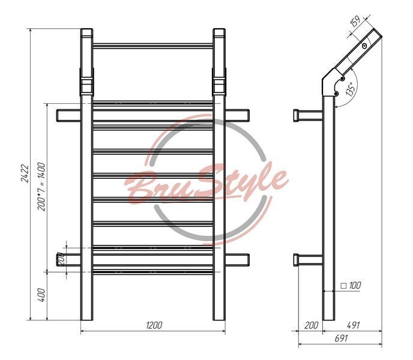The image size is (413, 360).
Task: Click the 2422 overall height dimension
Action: click(x=25, y=173)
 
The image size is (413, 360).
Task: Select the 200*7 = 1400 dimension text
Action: click(x=41, y=187)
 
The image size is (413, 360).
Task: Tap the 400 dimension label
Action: click(x=41, y=295)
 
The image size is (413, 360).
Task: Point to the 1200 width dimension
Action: click(x=154, y=325)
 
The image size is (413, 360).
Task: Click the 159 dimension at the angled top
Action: click(x=355, y=22)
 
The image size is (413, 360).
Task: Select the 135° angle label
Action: click(x=351, y=89)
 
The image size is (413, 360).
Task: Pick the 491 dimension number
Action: click(x=353, y=325)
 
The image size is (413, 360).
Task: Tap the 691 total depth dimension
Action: click(x=341, y=338)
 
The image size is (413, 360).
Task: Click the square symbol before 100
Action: click(x=343, y=286)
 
